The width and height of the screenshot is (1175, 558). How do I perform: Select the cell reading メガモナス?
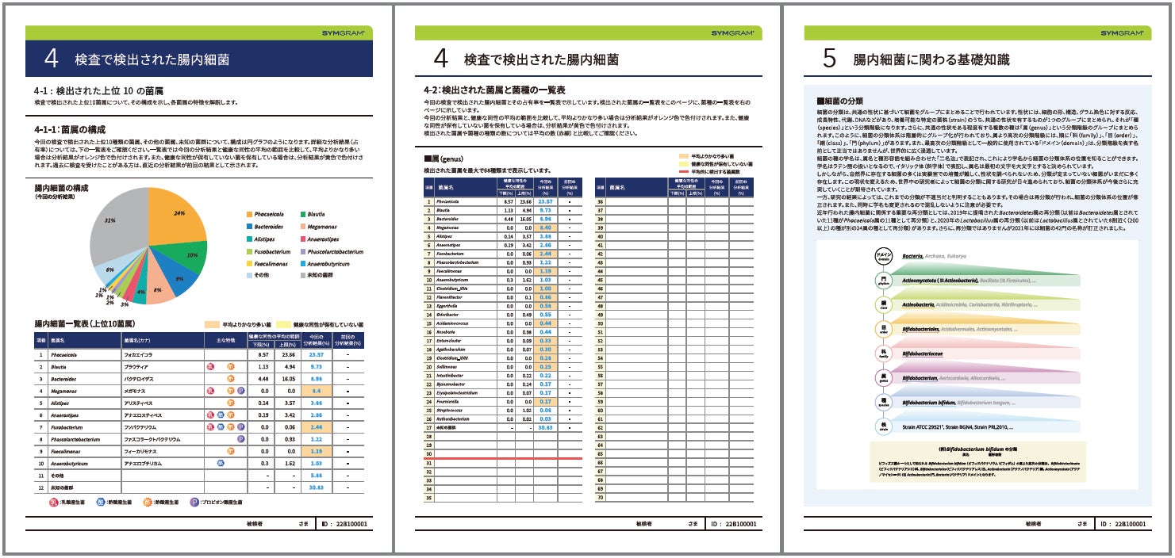pos(138,391)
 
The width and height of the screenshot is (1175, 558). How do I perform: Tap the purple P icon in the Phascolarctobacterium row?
pos(240,438)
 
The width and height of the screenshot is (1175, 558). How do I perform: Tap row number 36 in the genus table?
pos(601,201)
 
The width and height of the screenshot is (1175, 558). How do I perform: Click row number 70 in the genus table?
pos(601,497)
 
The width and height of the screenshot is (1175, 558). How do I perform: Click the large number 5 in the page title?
pos(830,59)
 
